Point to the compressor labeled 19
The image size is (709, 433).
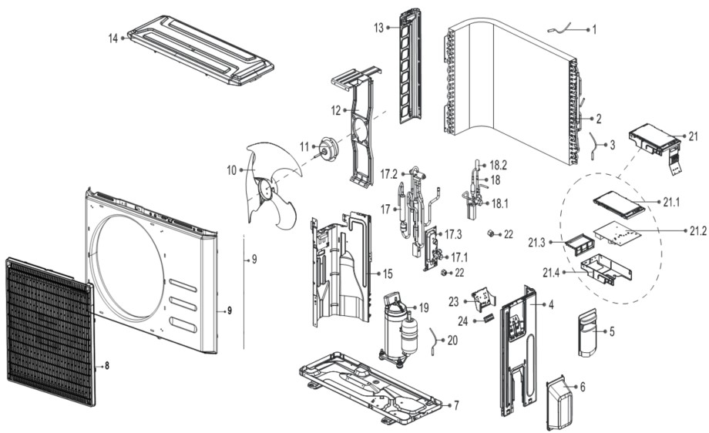click(398, 327)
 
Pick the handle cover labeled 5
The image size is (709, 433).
click(591, 332)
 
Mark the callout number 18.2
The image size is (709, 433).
click(499, 165)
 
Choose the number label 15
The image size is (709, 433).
click(388, 274)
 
